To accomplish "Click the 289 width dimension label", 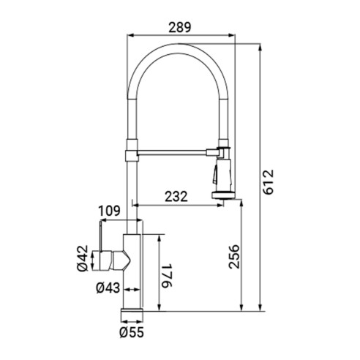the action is point(180,27).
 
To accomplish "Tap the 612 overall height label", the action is point(269,182).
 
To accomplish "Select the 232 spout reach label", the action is point(176,197).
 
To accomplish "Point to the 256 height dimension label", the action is point(234,257).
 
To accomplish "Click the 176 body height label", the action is point(167,275).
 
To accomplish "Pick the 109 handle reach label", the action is point(109,211).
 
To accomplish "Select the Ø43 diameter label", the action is point(108,288).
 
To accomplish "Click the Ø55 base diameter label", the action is point(132,332).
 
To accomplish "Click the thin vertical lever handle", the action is point(100,236).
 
